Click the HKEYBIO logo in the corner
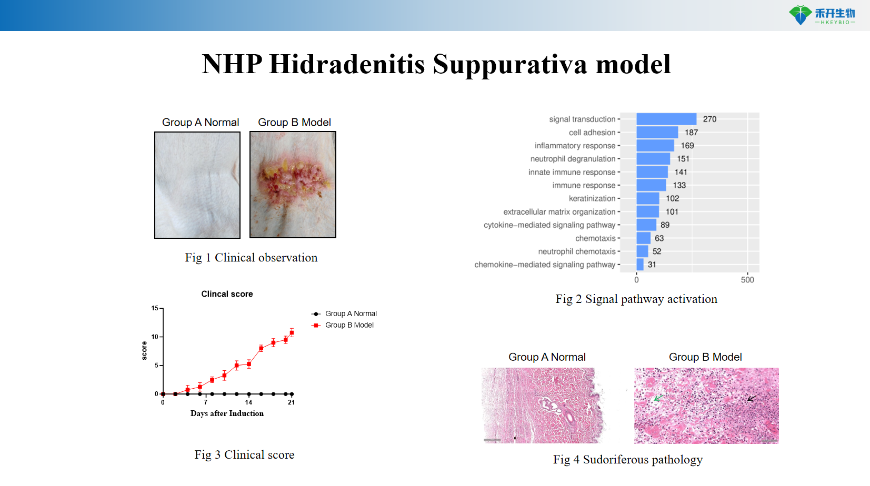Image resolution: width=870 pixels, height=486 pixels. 822,15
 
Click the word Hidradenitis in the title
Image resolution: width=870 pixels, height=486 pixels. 347,65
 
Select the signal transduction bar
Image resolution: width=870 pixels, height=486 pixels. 666,119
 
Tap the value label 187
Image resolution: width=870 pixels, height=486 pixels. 691,133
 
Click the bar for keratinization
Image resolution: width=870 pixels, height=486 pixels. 647,198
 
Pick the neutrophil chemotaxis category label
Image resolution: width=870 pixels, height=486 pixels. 576,251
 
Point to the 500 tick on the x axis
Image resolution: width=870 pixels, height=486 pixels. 747,280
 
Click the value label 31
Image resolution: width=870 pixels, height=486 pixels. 652,265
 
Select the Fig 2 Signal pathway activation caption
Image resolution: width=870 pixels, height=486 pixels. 636,299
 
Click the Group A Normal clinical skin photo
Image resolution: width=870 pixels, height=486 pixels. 197,185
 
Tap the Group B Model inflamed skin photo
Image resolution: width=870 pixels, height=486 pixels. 293,185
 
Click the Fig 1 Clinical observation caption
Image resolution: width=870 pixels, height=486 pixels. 251,258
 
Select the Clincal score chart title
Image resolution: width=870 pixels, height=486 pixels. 227,294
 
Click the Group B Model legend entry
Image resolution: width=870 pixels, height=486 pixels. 349,325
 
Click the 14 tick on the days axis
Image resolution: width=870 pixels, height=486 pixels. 248,402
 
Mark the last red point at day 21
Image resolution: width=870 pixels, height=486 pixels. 292,333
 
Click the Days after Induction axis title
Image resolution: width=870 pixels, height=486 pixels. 227,413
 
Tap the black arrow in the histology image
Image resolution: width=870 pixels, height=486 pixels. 752,398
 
